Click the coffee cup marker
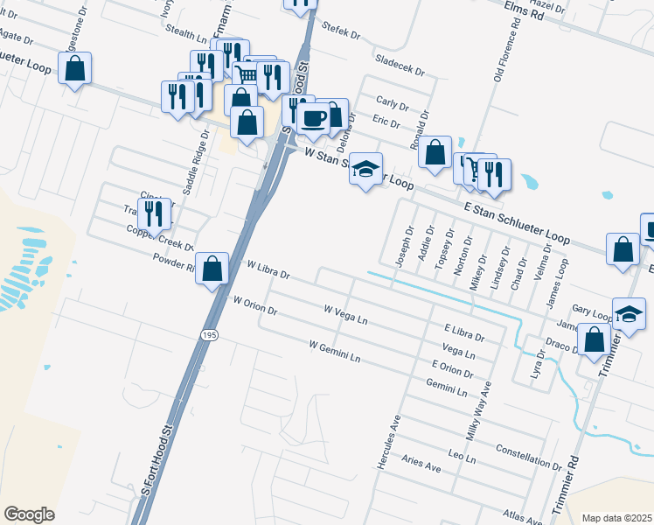tap(313, 119)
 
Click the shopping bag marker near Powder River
tap(212, 269)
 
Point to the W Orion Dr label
tap(254, 306)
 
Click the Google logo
tap(29, 514)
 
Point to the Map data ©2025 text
tap(616, 518)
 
